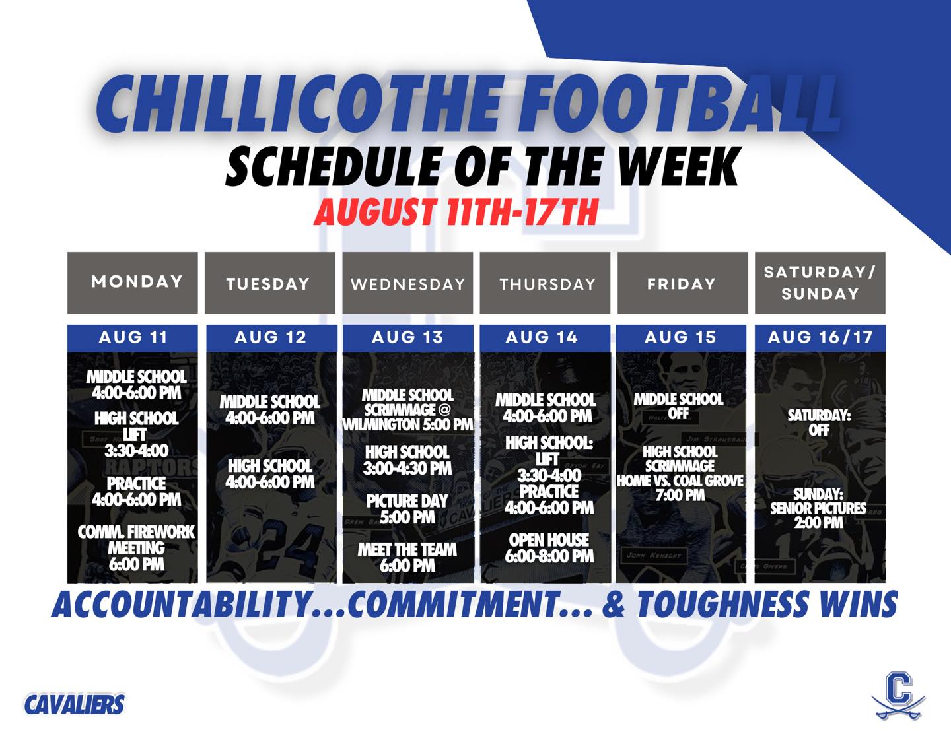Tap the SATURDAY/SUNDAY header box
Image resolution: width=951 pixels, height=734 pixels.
[820, 283]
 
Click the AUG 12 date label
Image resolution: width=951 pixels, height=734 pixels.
[271, 337]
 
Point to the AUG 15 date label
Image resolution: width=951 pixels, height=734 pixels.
[680, 337]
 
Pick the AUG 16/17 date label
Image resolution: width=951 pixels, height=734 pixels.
[820, 337]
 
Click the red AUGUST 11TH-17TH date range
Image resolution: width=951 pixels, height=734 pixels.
[456, 212]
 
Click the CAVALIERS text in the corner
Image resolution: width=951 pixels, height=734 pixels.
[75, 704]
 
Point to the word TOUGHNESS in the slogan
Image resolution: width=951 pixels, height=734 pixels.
[722, 604]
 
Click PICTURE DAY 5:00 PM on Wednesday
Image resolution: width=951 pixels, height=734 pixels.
[407, 509]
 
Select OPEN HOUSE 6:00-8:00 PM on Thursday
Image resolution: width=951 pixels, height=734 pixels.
[549, 548]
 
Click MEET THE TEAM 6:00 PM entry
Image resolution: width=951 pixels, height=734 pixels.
[407, 558]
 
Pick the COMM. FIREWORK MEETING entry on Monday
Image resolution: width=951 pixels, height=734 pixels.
[137, 548]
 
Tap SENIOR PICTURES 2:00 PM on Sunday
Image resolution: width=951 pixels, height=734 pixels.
[818, 508]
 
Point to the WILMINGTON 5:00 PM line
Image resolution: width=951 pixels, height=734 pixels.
[407, 424]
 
